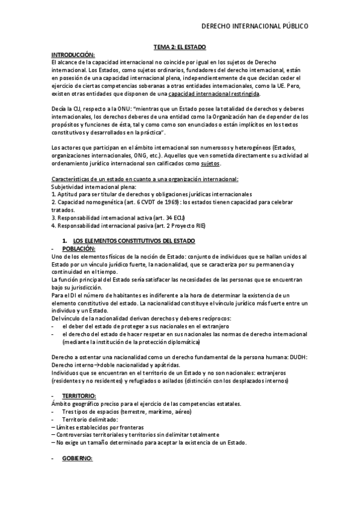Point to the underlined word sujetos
click(210, 163)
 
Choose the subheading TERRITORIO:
click(79, 396)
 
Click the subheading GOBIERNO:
click(78, 458)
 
